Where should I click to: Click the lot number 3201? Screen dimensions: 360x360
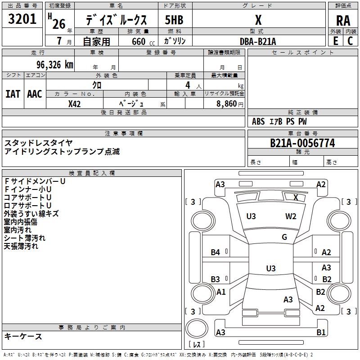[22, 19]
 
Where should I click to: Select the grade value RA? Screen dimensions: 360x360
[343, 21]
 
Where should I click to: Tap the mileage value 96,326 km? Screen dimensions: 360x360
[55, 65]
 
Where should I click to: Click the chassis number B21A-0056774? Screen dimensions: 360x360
[302, 143]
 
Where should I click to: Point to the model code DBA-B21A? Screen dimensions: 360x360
[257, 41]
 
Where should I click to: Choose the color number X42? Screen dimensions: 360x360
[74, 104]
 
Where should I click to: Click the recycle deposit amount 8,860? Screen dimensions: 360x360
[227, 104]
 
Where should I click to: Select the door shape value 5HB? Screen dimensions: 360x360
[174, 20]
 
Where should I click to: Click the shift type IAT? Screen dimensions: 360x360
[13, 94]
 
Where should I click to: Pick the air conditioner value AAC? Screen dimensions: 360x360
[35, 94]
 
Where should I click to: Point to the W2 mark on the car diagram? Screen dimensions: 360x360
[291, 216]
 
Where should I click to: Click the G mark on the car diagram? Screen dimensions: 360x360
[284, 237]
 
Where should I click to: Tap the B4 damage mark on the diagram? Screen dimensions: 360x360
[216, 252]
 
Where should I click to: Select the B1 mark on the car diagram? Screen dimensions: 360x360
[321, 332]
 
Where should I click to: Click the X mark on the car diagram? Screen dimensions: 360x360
[296, 197]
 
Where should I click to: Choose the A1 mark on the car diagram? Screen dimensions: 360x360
[221, 292]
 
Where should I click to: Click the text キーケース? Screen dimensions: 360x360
[23, 336]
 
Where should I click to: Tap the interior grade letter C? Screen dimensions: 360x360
[350, 41]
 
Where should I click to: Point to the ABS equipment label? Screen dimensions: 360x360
[258, 121]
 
